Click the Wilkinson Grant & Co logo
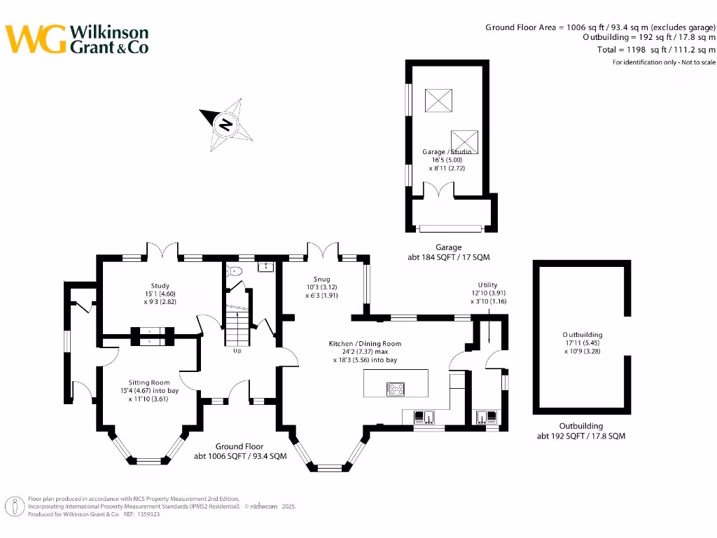point(78,39)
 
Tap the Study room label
point(159,285)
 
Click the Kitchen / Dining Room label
point(365,343)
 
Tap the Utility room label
point(487,285)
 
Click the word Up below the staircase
point(237,350)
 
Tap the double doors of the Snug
point(323,251)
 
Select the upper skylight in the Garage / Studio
point(438,100)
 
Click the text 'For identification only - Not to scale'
point(664,62)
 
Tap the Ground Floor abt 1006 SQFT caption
point(240,451)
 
